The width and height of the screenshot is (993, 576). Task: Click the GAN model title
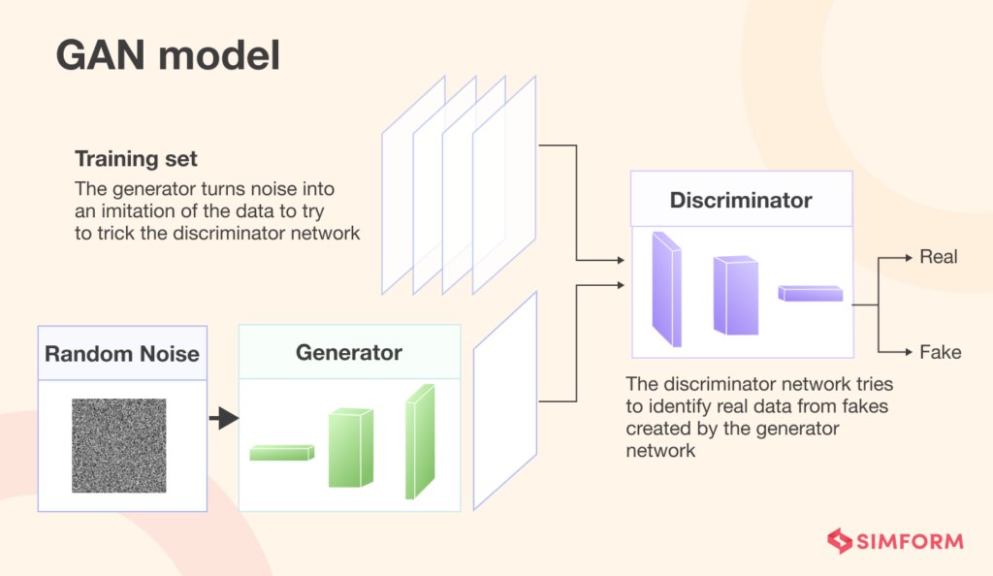pyautogui.click(x=168, y=55)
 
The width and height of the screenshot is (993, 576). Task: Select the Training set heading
pyautogui.click(x=136, y=158)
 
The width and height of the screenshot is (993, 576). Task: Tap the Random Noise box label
pyautogui.click(x=122, y=353)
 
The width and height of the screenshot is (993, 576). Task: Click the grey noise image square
pyautogui.click(x=118, y=446)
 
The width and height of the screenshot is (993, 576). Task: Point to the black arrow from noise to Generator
pyautogui.click(x=223, y=419)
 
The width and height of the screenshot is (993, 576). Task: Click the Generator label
pyautogui.click(x=349, y=351)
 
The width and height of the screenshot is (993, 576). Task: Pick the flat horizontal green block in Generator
pyautogui.click(x=282, y=452)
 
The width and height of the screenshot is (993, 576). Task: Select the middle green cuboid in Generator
pyautogui.click(x=350, y=447)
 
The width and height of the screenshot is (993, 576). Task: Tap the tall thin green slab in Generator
pyautogui.click(x=419, y=441)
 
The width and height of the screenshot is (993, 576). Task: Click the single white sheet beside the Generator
pyautogui.click(x=504, y=400)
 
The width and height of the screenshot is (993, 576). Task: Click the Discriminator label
pyautogui.click(x=741, y=201)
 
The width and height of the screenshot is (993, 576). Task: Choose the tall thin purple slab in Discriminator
pyautogui.click(x=666, y=289)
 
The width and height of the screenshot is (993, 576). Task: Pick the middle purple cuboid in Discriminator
pyautogui.click(x=734, y=295)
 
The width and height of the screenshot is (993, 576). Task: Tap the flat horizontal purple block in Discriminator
pyautogui.click(x=810, y=293)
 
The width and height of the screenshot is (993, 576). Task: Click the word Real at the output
pyautogui.click(x=938, y=257)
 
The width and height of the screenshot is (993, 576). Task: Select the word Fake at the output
pyautogui.click(x=940, y=352)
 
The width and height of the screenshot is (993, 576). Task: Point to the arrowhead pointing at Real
pyautogui.click(x=909, y=257)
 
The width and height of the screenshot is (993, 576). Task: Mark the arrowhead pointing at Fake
pyautogui.click(x=909, y=352)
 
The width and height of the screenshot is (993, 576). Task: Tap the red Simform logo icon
pyautogui.click(x=838, y=540)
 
